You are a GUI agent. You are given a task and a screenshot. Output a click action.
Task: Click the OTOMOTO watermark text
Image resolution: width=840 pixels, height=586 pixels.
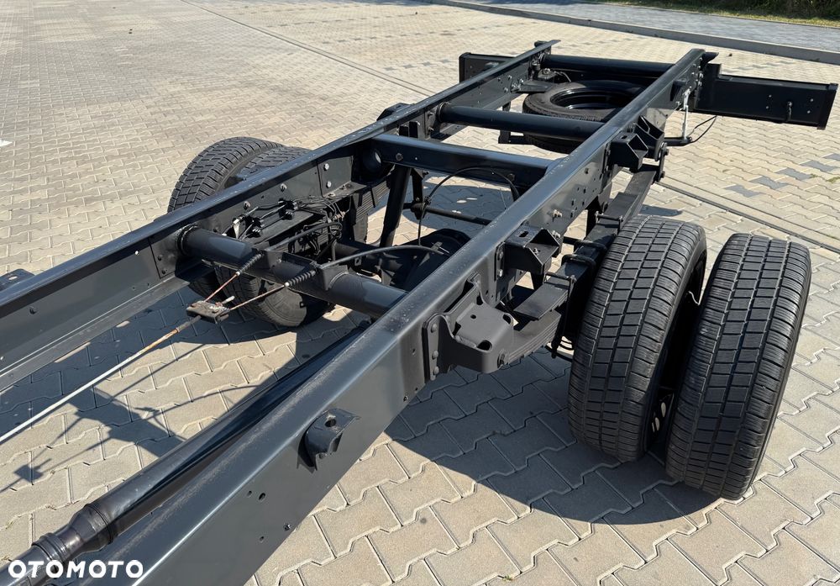76,569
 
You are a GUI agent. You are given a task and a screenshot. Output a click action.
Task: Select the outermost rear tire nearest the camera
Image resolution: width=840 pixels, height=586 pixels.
739,365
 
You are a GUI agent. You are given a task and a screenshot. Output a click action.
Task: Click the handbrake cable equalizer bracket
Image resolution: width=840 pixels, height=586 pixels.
209,309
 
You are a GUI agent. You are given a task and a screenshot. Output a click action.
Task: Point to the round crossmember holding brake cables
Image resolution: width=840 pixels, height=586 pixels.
289,271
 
